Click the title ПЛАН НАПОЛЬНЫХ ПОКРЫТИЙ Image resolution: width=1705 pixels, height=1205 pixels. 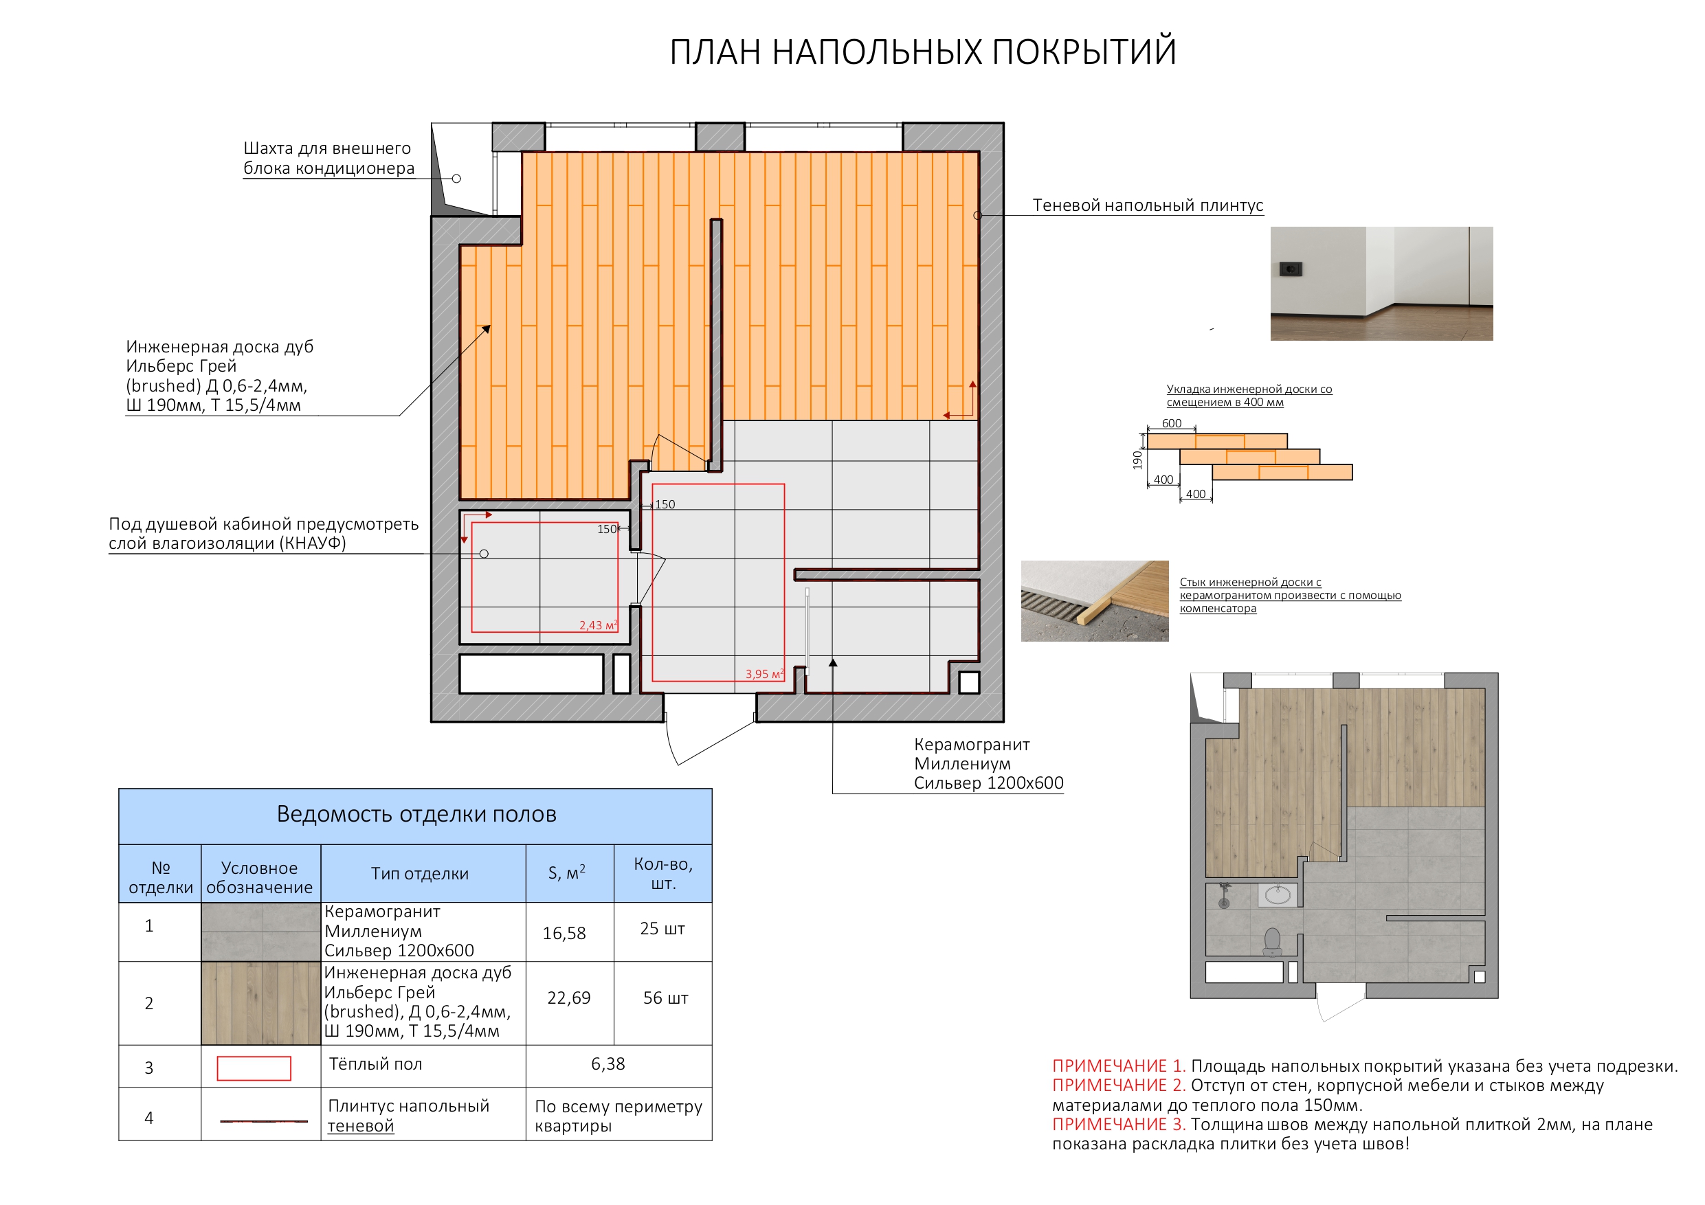click(x=922, y=52)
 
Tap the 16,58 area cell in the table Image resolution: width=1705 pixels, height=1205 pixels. click(x=564, y=933)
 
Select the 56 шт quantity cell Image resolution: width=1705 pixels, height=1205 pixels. click(x=665, y=998)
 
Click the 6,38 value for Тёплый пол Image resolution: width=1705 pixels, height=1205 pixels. click(x=608, y=1064)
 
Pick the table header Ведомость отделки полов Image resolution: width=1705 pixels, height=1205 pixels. click(x=416, y=815)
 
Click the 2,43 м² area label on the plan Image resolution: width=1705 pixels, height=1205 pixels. click(x=598, y=625)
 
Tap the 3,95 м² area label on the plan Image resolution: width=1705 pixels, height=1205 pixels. click(x=764, y=674)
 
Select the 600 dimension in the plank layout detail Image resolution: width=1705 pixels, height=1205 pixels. click(x=1171, y=423)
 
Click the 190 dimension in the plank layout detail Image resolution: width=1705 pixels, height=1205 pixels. click(x=1137, y=460)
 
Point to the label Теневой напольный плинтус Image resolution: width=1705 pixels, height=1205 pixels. click(x=1147, y=205)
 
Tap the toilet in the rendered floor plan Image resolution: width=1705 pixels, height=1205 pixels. click(x=1272, y=941)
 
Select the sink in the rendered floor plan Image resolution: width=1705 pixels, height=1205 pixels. click(x=1278, y=894)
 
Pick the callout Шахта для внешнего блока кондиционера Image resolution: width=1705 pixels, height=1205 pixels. click(x=328, y=158)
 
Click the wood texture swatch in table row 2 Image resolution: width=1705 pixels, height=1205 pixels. click(x=260, y=1003)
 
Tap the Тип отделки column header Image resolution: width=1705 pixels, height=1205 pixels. click(x=420, y=874)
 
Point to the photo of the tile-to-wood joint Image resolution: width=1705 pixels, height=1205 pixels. click(x=1094, y=600)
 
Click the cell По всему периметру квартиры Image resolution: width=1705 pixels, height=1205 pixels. click(x=618, y=1115)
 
